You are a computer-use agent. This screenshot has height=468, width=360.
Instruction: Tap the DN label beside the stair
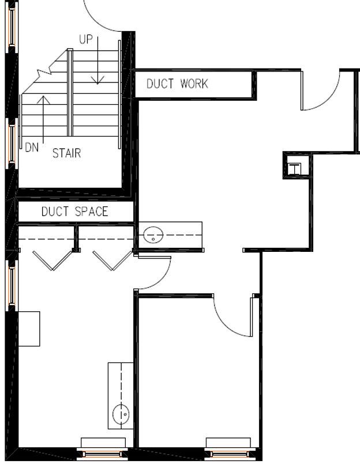tap(32, 148)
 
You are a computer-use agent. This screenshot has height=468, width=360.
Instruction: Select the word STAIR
tap(66, 153)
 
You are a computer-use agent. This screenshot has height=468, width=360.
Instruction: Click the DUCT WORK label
tap(177, 84)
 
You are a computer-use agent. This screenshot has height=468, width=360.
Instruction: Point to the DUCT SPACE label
tap(74, 212)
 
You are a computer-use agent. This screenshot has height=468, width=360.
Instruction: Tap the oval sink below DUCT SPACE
tap(153, 235)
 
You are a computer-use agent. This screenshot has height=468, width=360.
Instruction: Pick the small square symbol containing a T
tap(294, 169)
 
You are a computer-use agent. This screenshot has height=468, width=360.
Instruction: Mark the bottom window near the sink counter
tap(102, 454)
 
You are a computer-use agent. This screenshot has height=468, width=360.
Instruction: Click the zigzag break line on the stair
tap(45, 73)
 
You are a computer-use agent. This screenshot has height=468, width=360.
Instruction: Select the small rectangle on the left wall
tap(29, 329)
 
